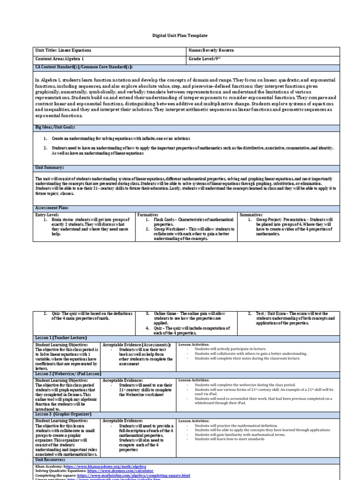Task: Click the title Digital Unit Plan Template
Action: tap(180, 36)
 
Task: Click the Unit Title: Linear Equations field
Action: tap(63, 50)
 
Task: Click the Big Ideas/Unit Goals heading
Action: tap(55, 127)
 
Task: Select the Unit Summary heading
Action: tap(50, 167)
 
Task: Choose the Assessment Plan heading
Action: tap(52, 207)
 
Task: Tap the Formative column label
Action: tap(148, 214)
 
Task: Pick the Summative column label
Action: tap(251, 214)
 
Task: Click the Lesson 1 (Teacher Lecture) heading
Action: tap(61, 337)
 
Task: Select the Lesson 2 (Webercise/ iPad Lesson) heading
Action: tap(67, 374)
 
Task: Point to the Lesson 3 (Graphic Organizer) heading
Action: tap(64, 414)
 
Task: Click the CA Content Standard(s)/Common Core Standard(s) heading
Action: tap(84, 67)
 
